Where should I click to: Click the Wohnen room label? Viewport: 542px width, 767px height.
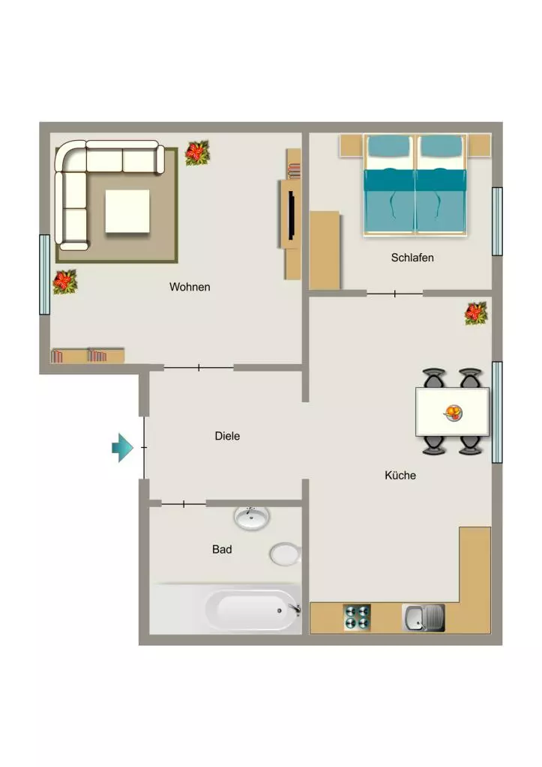coord(190,287)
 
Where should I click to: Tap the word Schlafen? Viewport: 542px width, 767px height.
coord(412,258)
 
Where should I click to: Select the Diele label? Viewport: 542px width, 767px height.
coord(227,436)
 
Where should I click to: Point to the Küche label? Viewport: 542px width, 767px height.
coord(400,475)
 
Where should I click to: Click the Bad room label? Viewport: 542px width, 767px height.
coord(222,549)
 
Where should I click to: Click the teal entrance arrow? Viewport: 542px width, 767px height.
coord(122,448)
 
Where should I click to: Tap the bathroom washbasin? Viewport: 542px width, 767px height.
coord(252,518)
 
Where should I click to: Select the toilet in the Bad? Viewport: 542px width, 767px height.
coord(285,554)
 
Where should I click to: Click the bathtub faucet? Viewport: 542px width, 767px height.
coord(295,610)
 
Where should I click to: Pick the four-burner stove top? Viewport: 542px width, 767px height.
coord(357,617)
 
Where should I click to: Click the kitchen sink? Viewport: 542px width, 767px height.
coord(424,618)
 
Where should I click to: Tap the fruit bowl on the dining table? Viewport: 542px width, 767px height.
coord(454,413)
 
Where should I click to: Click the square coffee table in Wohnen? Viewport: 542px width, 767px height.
coord(127,211)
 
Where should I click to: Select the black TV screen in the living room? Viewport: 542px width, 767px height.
coord(292,216)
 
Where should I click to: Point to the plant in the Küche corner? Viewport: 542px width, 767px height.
coord(476,313)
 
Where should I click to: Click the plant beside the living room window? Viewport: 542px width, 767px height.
coord(64,282)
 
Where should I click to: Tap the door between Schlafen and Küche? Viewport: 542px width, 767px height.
coord(394,294)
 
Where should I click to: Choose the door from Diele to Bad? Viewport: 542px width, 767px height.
coord(184,504)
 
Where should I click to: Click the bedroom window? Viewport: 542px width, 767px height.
coord(497,222)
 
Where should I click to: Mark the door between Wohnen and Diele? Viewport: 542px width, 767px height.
coord(199,367)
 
